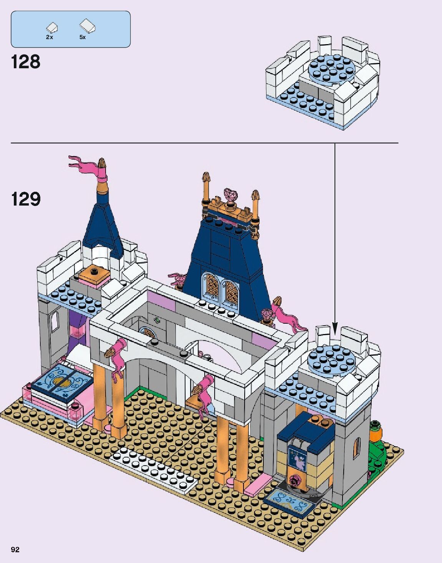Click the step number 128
(26, 62)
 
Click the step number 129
(26, 199)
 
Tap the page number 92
(15, 549)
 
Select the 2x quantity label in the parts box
(49, 37)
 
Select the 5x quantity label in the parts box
(83, 37)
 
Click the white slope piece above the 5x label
(87, 26)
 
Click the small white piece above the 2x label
(52, 27)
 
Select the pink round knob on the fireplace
(295, 479)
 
